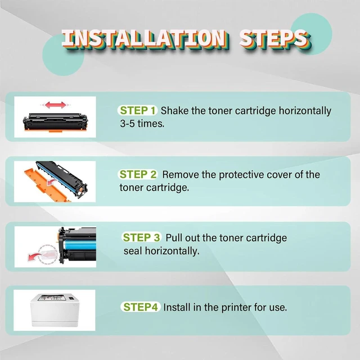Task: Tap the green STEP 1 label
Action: click(138, 110)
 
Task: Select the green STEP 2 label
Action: click(138, 174)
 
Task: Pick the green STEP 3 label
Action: click(141, 237)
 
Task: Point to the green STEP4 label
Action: click(141, 307)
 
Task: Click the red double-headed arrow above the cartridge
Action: click(56, 105)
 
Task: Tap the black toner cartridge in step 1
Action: click(55, 122)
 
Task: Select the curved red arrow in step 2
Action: click(52, 182)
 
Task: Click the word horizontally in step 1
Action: click(305, 111)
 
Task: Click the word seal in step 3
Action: click(133, 251)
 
